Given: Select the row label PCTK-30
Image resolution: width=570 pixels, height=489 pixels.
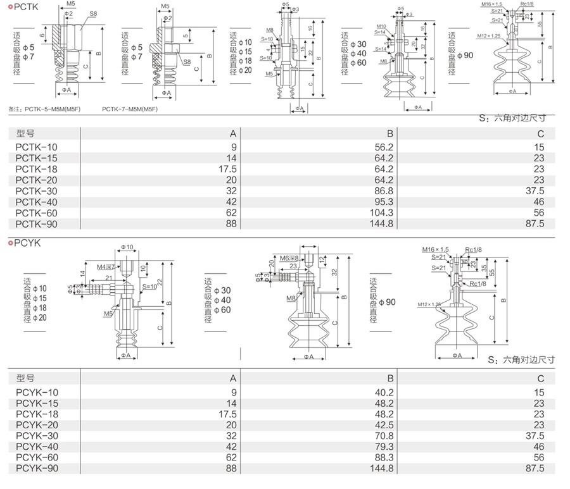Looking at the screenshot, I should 36,190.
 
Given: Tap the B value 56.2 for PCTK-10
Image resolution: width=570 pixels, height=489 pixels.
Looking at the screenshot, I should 384,146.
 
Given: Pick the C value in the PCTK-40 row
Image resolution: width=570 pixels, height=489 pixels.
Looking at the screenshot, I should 538,202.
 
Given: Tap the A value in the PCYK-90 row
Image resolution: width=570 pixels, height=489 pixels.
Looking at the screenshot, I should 230,469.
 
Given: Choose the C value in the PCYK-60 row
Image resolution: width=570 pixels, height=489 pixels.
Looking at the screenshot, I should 538,457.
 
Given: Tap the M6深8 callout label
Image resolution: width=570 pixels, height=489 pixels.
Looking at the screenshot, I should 288,258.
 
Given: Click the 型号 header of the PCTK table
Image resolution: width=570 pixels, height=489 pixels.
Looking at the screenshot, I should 25,133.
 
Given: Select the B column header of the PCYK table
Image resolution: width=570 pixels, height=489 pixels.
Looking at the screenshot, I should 391,378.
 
